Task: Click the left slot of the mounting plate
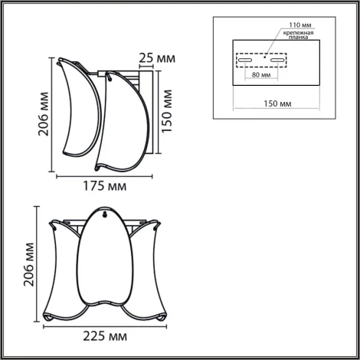coord(247,58)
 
